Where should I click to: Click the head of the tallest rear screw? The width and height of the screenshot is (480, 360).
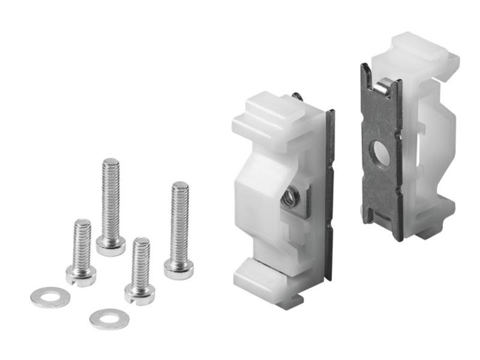(x=110, y=245)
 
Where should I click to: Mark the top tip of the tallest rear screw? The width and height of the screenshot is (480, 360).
(x=110, y=161)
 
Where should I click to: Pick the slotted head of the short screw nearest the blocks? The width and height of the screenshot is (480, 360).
(x=139, y=293)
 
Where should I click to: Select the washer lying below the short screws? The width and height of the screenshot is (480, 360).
(x=109, y=319)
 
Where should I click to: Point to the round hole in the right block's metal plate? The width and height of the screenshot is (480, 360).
(x=380, y=154)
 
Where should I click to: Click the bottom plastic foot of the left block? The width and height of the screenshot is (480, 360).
(x=264, y=282)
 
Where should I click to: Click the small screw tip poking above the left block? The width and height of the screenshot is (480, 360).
(x=297, y=96)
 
